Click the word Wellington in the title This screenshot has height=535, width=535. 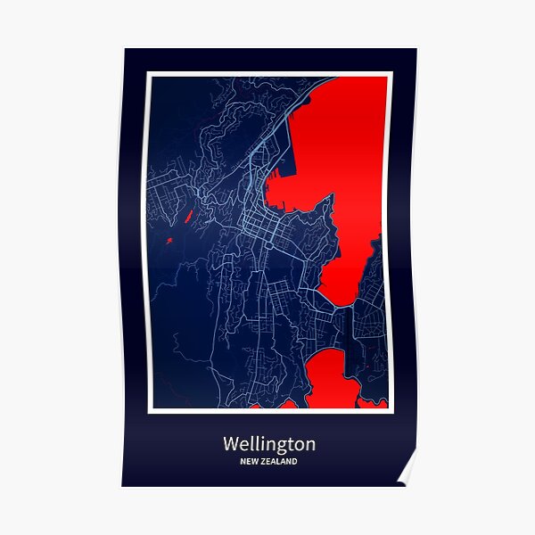click(x=268, y=443)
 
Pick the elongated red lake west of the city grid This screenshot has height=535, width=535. click(x=189, y=218)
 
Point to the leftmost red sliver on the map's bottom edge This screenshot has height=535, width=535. click(x=258, y=406)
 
